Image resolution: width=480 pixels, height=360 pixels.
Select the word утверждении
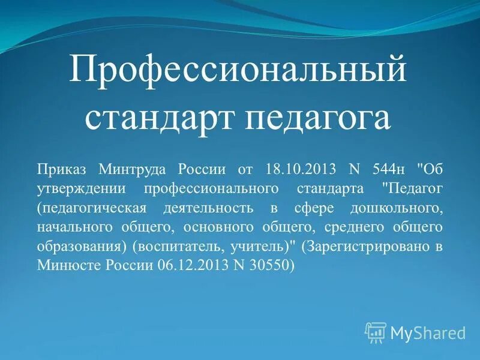(83, 188)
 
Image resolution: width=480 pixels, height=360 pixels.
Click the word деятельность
(201, 208)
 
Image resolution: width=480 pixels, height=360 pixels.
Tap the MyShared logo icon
(376, 332)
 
